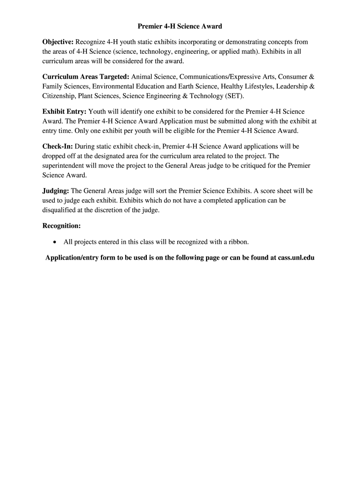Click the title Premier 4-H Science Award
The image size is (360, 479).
[180, 27]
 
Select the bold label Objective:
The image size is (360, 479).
[58, 42]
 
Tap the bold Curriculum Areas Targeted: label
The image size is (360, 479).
[86, 76]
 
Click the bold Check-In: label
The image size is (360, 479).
[58, 146]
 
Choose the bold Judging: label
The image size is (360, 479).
[56, 191]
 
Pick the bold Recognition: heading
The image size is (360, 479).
[62, 226]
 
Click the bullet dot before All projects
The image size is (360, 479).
[55, 242]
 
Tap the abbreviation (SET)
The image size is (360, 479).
[234, 96]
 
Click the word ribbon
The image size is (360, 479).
[238, 242]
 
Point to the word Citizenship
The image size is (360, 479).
[59, 96]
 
